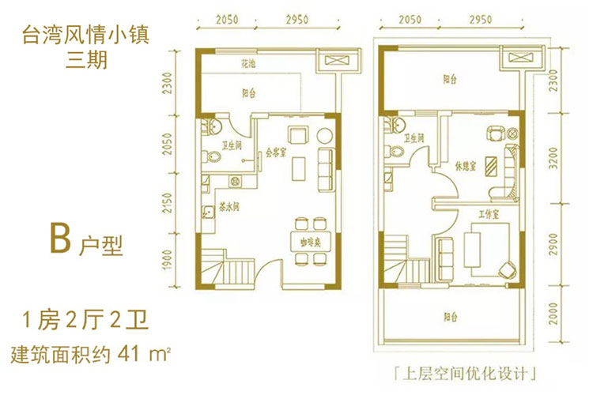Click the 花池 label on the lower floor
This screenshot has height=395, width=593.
(248, 64)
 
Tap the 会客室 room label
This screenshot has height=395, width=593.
(276, 152)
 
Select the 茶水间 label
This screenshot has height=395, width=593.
(229, 208)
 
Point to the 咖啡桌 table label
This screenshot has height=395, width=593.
(311, 243)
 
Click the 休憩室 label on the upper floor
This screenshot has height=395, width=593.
(466, 166)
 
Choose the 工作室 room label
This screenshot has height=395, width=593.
(489, 214)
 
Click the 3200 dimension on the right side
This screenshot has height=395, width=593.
(553, 158)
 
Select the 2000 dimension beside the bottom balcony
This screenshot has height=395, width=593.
(553, 314)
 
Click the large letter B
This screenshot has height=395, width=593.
(60, 238)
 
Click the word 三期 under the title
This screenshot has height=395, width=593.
(87, 59)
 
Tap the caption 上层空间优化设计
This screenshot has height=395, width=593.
(465, 374)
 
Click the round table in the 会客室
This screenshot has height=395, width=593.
(324, 135)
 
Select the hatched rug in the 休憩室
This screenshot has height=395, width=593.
(492, 166)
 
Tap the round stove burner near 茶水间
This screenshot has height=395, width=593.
(235, 181)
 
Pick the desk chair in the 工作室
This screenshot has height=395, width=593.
(507, 269)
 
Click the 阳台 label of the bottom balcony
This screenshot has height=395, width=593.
(451, 316)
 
